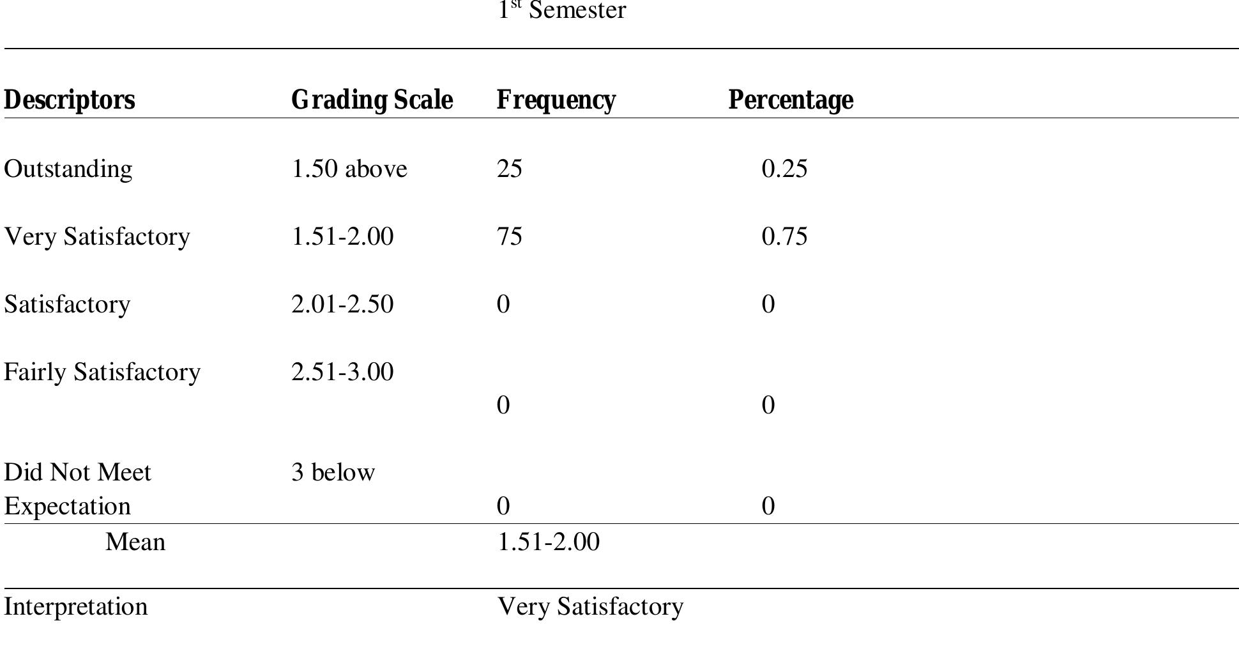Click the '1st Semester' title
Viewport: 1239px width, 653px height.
[x=562, y=11]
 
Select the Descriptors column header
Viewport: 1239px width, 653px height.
[x=70, y=100]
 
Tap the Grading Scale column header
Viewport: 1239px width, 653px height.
[x=372, y=100]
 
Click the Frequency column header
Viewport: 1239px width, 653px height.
[x=556, y=100]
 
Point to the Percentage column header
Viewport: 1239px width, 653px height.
[x=791, y=100]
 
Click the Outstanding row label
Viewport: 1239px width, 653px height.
[x=68, y=169]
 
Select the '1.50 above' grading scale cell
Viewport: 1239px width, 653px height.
[x=349, y=169]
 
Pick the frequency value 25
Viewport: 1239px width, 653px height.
[x=510, y=169]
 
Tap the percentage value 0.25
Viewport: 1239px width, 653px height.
[x=784, y=169]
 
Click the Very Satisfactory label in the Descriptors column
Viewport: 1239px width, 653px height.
[x=97, y=236]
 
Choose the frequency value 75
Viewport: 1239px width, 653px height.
[x=510, y=236]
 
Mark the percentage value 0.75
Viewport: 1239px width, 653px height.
[x=784, y=236]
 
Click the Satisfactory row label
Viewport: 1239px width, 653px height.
[x=67, y=304]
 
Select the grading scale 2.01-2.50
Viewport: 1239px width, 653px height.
[x=342, y=304]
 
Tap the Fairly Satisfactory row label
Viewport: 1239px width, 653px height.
[x=102, y=372]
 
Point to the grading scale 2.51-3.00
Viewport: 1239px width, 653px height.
[x=342, y=372]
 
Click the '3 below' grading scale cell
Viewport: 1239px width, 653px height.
[x=333, y=472]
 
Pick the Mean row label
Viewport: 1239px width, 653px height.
[x=135, y=542]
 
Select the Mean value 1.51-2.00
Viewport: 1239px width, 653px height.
[x=548, y=542]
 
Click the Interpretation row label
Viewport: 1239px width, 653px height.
[x=76, y=606]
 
